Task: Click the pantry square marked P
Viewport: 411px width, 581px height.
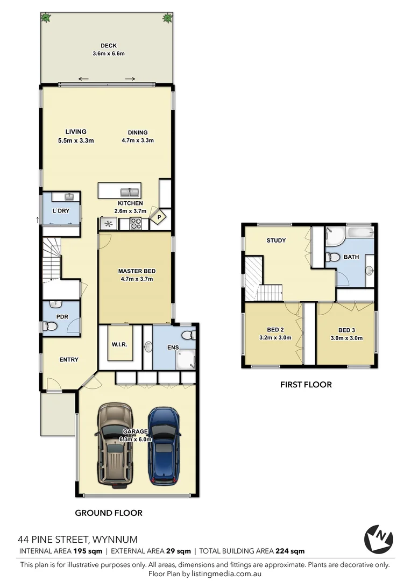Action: pos(159,217)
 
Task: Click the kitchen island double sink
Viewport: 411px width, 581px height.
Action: pos(130,191)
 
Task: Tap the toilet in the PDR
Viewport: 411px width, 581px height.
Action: pos(50,326)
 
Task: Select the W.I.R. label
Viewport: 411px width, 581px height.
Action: pos(119,344)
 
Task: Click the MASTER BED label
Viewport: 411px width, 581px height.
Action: pos(136,271)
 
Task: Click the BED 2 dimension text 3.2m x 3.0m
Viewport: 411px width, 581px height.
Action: pos(279,338)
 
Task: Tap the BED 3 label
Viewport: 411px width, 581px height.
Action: pos(346,330)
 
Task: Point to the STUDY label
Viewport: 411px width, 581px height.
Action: pos(276,240)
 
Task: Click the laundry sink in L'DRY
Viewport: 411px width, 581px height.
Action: pos(69,197)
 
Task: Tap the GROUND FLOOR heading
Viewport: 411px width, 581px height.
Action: pos(108,513)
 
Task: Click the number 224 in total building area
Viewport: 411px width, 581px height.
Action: pos(282,550)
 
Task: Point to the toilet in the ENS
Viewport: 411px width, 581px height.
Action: pos(188,336)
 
